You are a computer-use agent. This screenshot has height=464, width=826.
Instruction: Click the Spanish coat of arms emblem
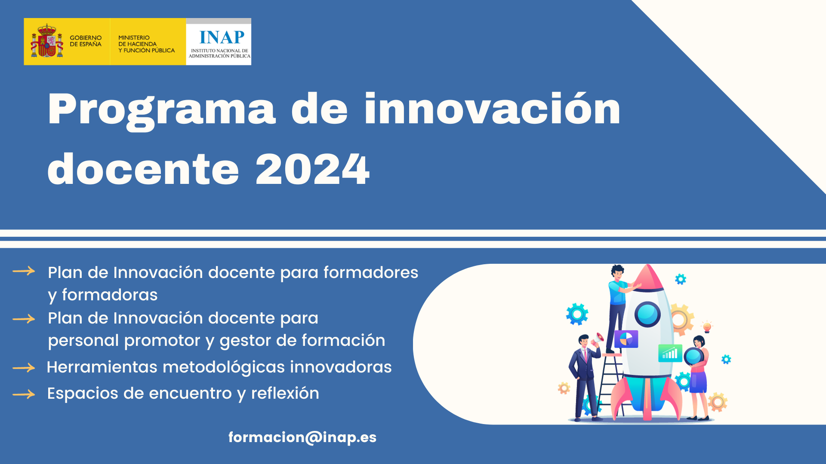[47, 41]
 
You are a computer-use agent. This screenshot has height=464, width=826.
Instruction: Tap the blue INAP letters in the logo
[222, 37]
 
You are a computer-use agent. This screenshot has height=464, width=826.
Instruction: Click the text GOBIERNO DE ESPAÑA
[86, 41]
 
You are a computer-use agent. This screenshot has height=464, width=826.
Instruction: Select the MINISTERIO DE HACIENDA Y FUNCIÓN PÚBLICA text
[146, 44]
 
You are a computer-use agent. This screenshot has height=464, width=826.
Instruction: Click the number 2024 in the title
[313, 169]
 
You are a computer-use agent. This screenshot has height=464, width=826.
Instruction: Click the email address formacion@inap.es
[302, 437]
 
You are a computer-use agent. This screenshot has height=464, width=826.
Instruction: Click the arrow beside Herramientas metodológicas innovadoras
[24, 368]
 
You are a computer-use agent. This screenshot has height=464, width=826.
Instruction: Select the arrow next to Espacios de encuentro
[24, 394]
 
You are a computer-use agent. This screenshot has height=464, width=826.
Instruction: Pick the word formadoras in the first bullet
[110, 295]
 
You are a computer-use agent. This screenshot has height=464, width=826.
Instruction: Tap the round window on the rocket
[647, 314]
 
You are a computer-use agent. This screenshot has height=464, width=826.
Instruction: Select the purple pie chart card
[626, 339]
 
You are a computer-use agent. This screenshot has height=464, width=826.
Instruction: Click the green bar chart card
[670, 353]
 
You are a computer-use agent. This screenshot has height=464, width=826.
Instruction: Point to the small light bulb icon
[707, 327]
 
